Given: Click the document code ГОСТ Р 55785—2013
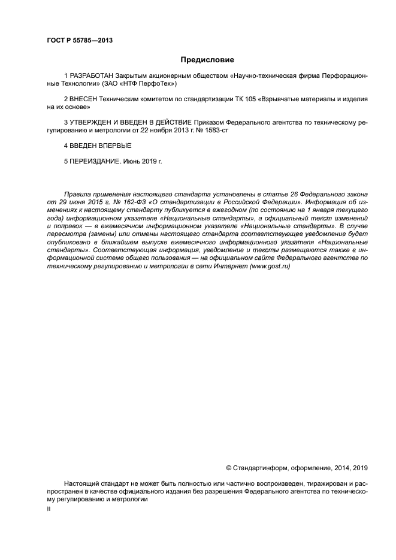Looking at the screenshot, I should click(x=80, y=40).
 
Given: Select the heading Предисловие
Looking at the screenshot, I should click(x=207, y=60).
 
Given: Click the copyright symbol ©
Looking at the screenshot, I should click(x=228, y=467).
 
